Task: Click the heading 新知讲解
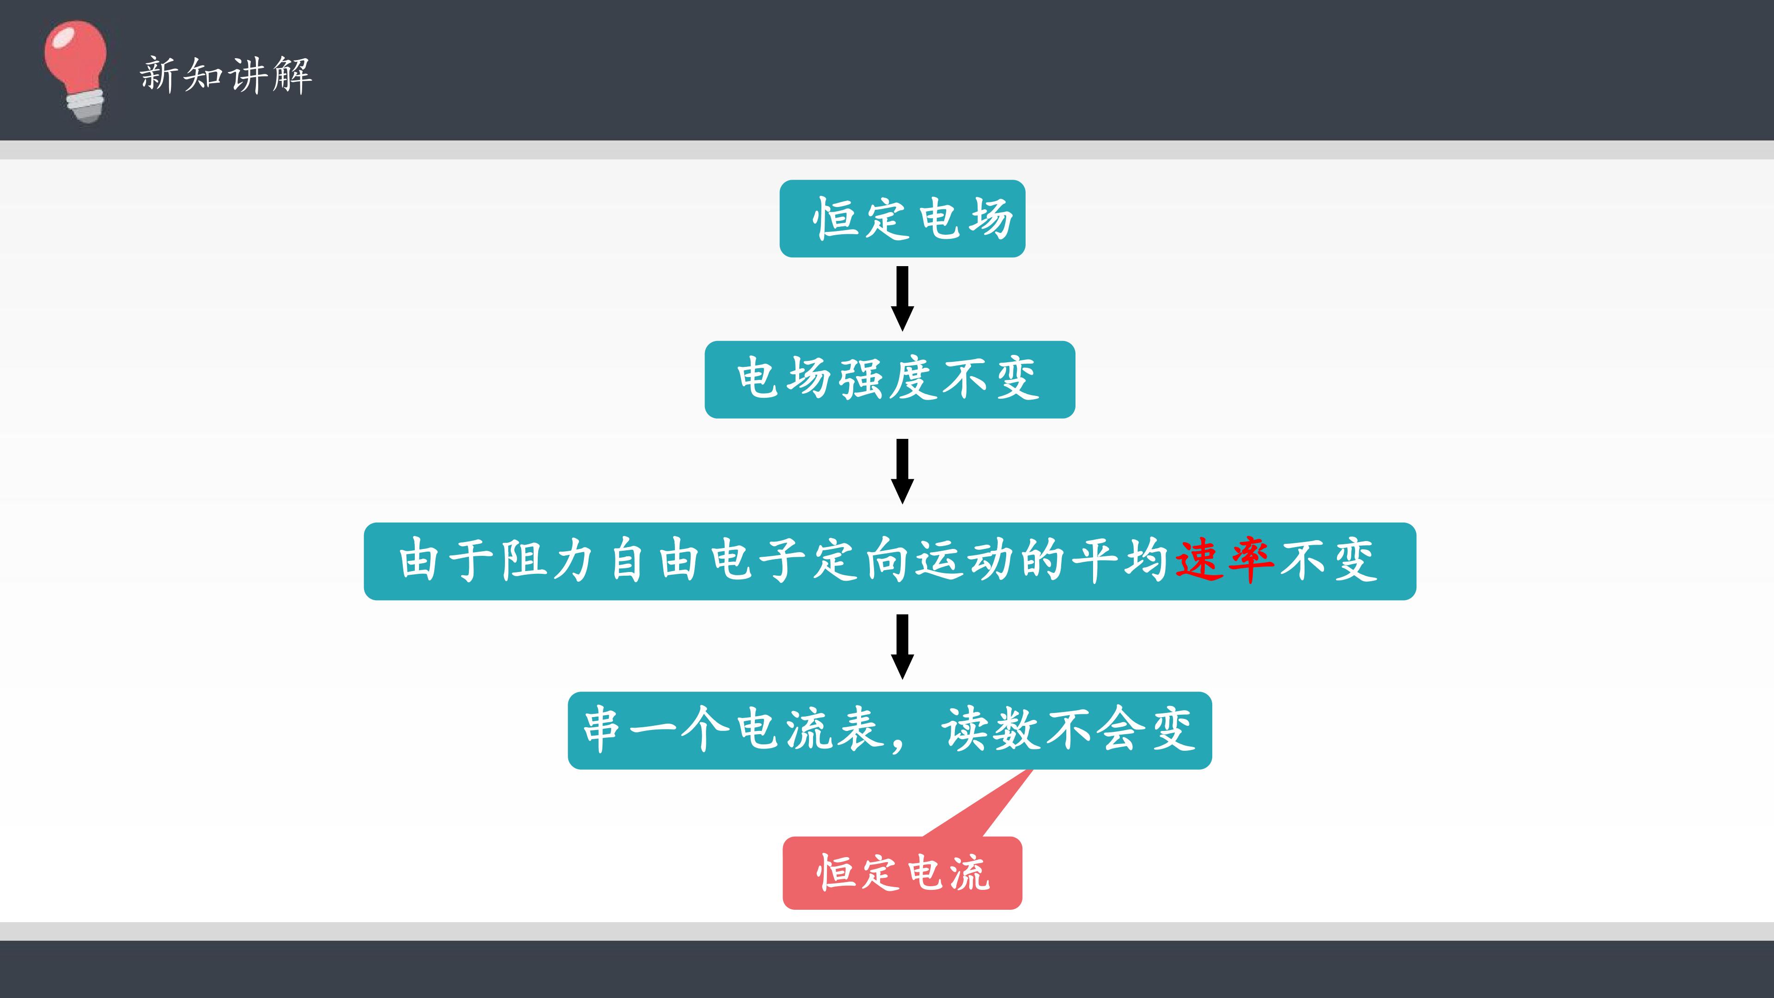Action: click(226, 75)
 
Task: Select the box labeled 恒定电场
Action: click(902, 219)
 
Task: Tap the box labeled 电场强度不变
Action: click(890, 379)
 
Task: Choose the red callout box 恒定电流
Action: click(902, 873)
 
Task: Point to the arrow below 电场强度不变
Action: click(902, 471)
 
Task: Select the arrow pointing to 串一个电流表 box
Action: click(902, 647)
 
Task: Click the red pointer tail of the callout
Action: click(978, 803)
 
